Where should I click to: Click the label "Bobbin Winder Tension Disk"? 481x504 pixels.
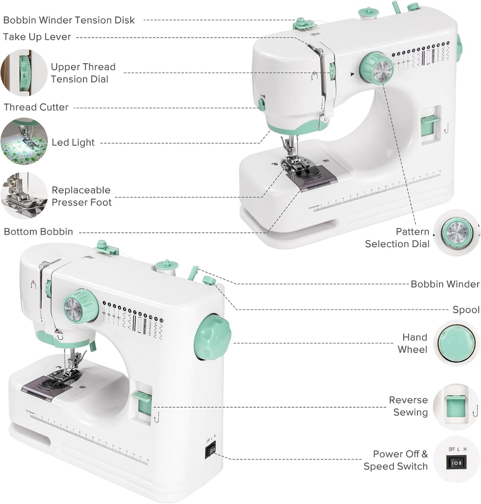click(69, 20)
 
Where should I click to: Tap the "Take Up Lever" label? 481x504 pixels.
click(37, 37)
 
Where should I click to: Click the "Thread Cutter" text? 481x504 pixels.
click(36, 107)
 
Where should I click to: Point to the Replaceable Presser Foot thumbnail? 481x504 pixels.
click(24, 196)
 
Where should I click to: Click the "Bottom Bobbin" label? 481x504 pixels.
click(38, 232)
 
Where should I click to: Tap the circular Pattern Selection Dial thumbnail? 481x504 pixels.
click(456, 233)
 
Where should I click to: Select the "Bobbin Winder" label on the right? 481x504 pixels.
click(445, 284)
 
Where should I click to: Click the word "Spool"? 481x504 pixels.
click(466, 310)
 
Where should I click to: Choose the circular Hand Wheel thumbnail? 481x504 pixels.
click(456, 343)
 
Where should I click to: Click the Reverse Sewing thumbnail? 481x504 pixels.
click(456, 407)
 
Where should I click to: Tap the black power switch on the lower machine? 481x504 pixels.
click(211, 452)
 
